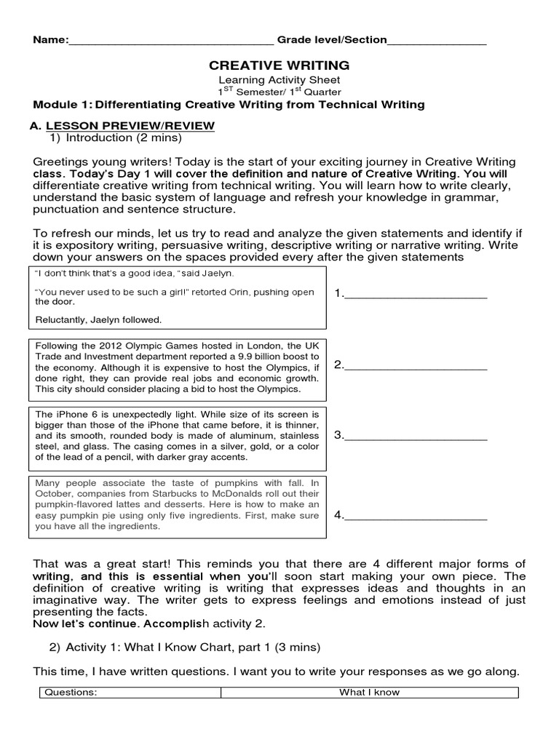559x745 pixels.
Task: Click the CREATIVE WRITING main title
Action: click(279, 65)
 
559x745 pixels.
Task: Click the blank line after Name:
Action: click(171, 41)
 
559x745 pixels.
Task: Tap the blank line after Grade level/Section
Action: click(437, 41)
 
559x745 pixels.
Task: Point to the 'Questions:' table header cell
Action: click(70, 693)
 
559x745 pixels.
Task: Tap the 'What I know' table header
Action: click(369, 693)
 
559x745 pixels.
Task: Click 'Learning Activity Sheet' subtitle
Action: click(279, 80)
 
